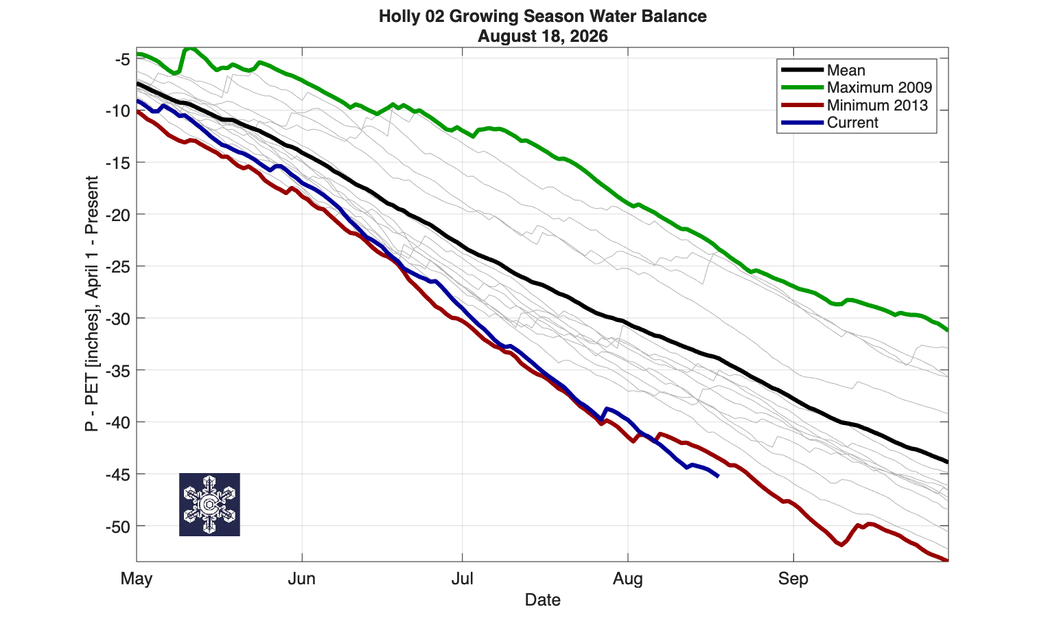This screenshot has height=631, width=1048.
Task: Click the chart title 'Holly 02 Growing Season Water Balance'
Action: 542,16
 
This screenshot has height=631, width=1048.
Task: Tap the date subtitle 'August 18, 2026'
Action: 542,36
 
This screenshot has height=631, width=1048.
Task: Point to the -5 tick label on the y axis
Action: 123,60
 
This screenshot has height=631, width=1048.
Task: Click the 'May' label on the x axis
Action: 136,580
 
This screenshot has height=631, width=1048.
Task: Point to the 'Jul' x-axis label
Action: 463,579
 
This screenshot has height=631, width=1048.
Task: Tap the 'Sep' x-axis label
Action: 793,580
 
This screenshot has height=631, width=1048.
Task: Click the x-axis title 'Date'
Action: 542,599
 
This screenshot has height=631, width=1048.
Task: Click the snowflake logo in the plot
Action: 209,505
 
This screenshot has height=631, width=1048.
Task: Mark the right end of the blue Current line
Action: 718,477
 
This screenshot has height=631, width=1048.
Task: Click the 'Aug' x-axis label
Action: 627,580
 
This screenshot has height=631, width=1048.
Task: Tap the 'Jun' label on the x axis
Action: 302,579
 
